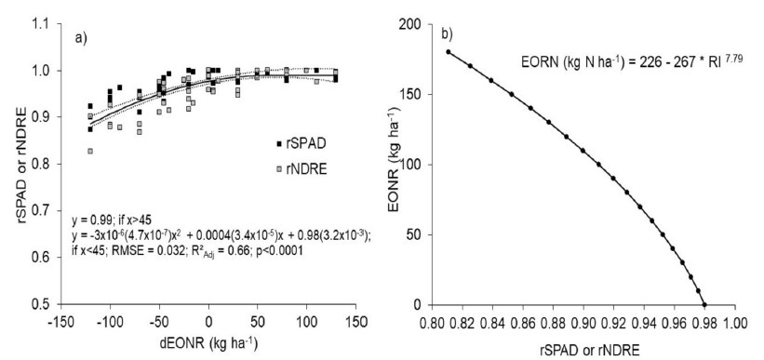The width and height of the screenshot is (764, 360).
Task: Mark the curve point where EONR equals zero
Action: (704, 304)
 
